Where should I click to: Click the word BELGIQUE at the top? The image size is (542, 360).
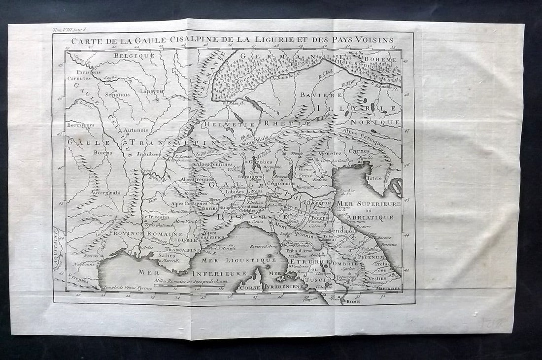(x=134, y=56)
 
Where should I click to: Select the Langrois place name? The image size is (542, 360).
(x=151, y=91)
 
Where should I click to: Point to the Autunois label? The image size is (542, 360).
(x=135, y=131)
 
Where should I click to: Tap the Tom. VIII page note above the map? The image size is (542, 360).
(x=69, y=31)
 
